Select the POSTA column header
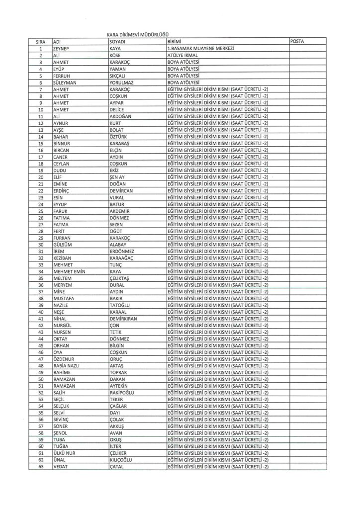click(x=298, y=41)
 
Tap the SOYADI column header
click(x=118, y=41)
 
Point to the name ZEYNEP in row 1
click(x=62, y=49)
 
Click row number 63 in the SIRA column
click(x=39, y=466)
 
